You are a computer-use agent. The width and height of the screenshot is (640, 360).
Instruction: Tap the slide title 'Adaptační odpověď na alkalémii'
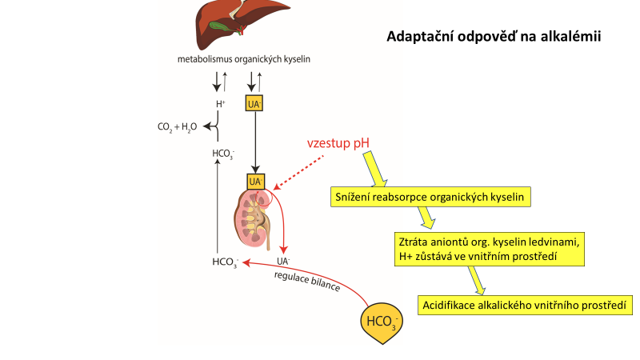tap(494, 36)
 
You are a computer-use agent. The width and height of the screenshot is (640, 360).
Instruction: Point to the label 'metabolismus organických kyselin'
tap(243, 59)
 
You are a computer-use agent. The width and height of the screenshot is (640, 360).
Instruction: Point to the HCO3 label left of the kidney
tap(225, 262)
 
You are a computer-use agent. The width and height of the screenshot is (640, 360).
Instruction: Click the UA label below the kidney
tap(282, 261)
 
